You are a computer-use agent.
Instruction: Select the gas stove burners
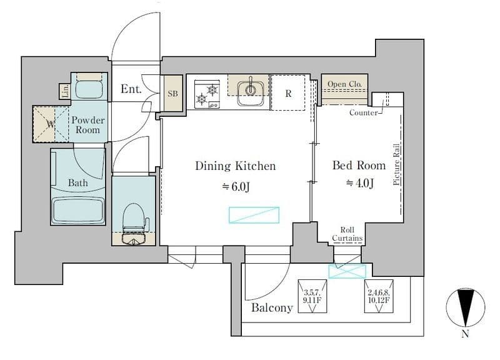(207, 94)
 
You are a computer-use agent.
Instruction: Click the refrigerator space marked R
(288, 93)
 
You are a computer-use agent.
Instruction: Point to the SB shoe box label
(173, 93)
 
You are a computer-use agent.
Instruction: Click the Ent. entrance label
(131, 89)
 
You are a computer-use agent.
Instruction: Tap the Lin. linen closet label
(66, 91)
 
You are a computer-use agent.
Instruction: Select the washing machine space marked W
(51, 124)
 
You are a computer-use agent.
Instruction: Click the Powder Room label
(87, 124)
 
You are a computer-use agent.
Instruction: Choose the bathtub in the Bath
(78, 210)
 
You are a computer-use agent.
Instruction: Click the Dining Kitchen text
(236, 166)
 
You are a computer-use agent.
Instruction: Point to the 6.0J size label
(236, 186)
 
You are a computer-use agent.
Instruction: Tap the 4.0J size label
(360, 183)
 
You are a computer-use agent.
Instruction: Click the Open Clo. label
(344, 84)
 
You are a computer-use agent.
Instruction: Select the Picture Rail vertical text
(396, 164)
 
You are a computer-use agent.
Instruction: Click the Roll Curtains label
(347, 234)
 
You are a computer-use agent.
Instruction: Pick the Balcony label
(272, 307)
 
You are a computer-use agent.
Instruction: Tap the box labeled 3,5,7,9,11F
(312, 296)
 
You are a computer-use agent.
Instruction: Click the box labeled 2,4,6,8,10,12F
(379, 296)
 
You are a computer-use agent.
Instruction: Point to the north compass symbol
(466, 307)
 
